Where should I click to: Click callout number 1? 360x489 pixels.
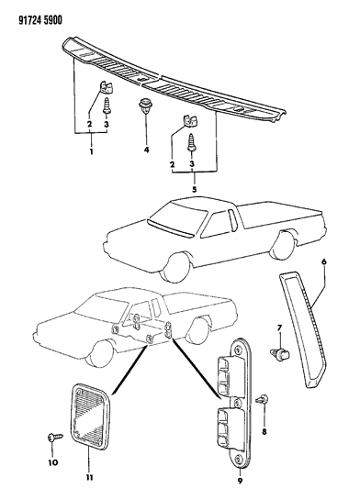point(91,152)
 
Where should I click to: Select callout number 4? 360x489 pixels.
point(146,150)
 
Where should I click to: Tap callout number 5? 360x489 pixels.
point(194,189)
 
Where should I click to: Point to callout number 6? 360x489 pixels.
point(324,261)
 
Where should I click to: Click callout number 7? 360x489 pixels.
point(279,328)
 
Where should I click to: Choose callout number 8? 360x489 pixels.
point(264,432)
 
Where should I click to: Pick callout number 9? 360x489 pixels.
point(240,481)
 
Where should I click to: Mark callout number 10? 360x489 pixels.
point(52,462)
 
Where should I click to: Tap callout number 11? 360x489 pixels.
point(89,477)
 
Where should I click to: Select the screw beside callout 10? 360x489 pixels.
point(55,438)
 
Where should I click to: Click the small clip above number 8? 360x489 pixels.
point(263,399)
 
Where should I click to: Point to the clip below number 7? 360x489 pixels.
point(279,353)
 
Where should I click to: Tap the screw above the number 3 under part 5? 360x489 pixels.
point(191,142)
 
